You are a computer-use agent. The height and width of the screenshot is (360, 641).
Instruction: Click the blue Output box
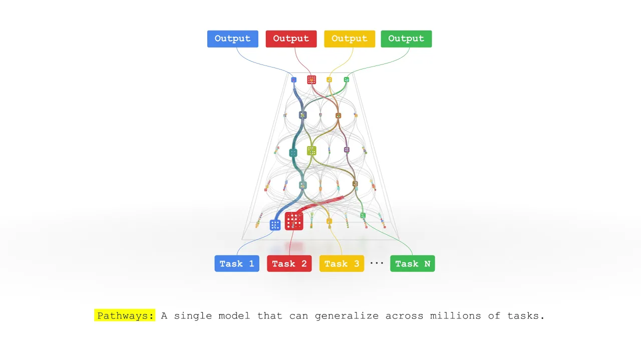coord(233,39)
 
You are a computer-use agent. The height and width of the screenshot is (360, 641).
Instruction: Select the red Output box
coord(291,39)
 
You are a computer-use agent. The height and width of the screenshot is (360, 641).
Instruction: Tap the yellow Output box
coord(349,39)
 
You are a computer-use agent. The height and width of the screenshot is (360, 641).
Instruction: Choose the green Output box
coord(406,39)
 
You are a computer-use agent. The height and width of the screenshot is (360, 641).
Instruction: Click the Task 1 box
coord(237,263)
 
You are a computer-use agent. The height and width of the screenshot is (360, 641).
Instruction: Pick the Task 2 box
coord(289,263)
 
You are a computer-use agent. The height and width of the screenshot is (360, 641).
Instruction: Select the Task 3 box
coord(342,263)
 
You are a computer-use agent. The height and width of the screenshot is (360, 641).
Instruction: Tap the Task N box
coord(412,263)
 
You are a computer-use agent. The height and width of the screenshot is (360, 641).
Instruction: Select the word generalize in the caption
coord(345,315)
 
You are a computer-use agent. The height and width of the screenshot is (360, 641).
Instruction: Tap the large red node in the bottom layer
coord(294,221)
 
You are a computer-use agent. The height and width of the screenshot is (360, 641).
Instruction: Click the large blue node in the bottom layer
coord(275,225)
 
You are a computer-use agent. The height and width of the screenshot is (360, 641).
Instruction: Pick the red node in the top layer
coord(311,79)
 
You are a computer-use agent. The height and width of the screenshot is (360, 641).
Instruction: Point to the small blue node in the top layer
coord(294,79)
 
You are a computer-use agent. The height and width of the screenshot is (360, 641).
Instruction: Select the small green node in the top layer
coord(347,79)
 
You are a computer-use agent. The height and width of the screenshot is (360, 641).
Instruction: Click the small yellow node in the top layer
coord(329,79)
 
